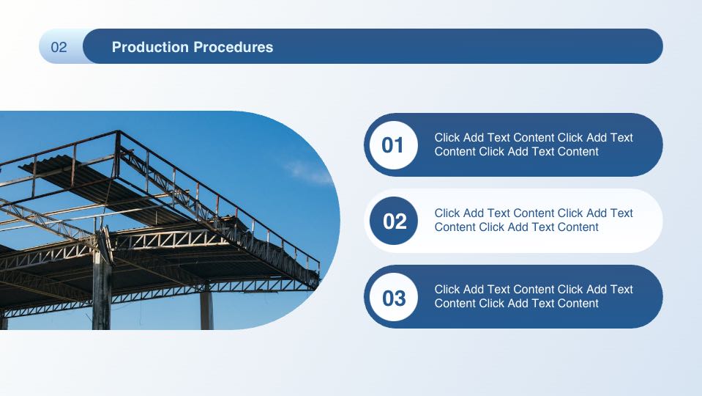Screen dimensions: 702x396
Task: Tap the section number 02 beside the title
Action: point(59,47)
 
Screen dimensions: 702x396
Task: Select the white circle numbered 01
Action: point(394,145)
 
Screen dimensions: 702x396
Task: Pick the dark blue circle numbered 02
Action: point(394,221)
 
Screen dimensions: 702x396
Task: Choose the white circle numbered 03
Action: point(394,297)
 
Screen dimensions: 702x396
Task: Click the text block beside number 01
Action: point(534,144)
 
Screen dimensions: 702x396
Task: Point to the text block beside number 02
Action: point(534,220)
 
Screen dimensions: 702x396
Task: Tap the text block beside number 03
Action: point(534,296)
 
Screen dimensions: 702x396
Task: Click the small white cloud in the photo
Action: point(308,172)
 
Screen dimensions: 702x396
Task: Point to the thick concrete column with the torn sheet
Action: point(102,287)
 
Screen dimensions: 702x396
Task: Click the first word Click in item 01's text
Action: point(447,137)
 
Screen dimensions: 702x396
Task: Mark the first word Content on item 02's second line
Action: point(455,227)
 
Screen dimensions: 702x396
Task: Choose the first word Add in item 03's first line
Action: point(474,289)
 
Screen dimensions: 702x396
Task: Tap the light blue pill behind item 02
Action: point(514,221)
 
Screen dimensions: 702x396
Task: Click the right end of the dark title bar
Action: point(662,46)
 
